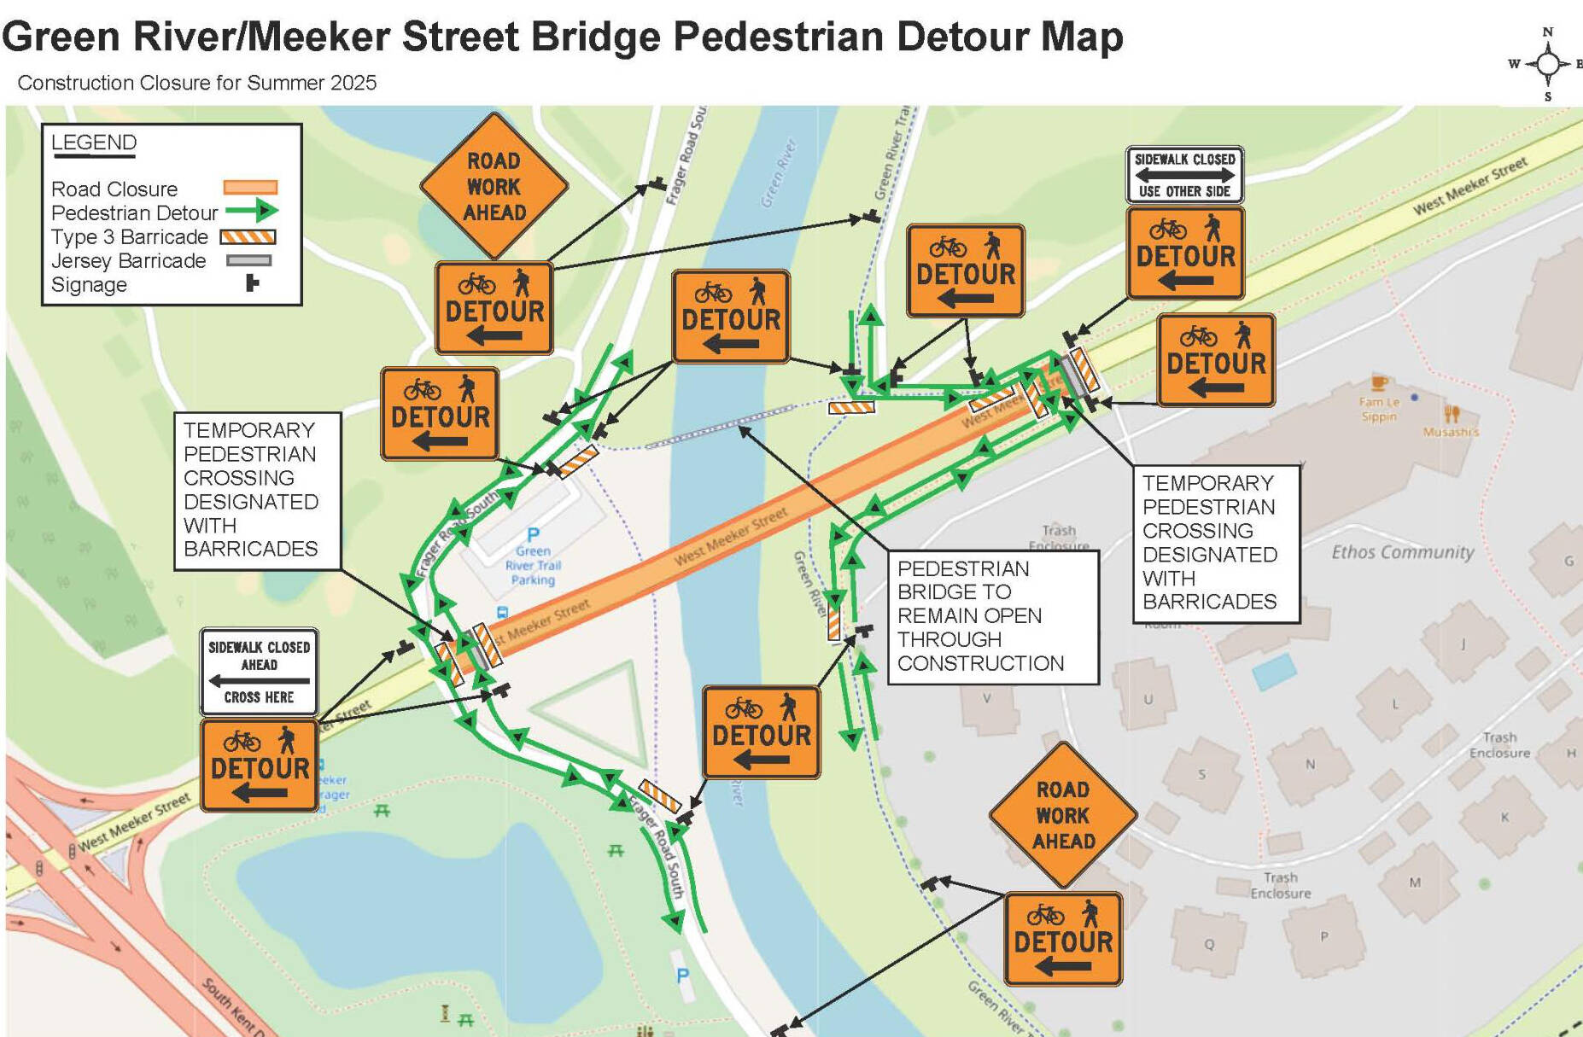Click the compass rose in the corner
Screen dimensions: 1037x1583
click(1547, 64)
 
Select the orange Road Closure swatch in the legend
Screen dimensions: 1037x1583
click(250, 188)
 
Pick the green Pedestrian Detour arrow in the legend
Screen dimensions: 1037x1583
click(253, 211)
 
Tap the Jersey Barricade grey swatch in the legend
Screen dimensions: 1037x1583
click(248, 260)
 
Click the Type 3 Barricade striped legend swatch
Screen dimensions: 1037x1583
click(248, 236)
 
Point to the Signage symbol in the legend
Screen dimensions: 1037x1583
click(252, 283)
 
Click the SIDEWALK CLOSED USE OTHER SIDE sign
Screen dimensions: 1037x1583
click(1184, 175)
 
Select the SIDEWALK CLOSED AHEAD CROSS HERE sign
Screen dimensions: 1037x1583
click(259, 672)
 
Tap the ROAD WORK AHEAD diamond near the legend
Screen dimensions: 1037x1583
click(494, 186)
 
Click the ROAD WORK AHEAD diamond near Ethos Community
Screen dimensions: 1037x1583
click(1063, 815)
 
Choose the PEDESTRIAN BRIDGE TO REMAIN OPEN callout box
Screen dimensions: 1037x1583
click(992, 616)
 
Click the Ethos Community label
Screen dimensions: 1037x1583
click(1402, 552)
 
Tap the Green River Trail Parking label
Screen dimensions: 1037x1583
click(533, 565)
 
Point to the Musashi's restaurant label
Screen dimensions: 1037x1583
click(1450, 432)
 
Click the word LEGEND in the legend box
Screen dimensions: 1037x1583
click(94, 143)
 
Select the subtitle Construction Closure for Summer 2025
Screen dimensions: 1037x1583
click(196, 83)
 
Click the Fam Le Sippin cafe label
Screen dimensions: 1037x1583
click(1379, 409)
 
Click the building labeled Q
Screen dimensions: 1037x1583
click(1209, 943)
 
